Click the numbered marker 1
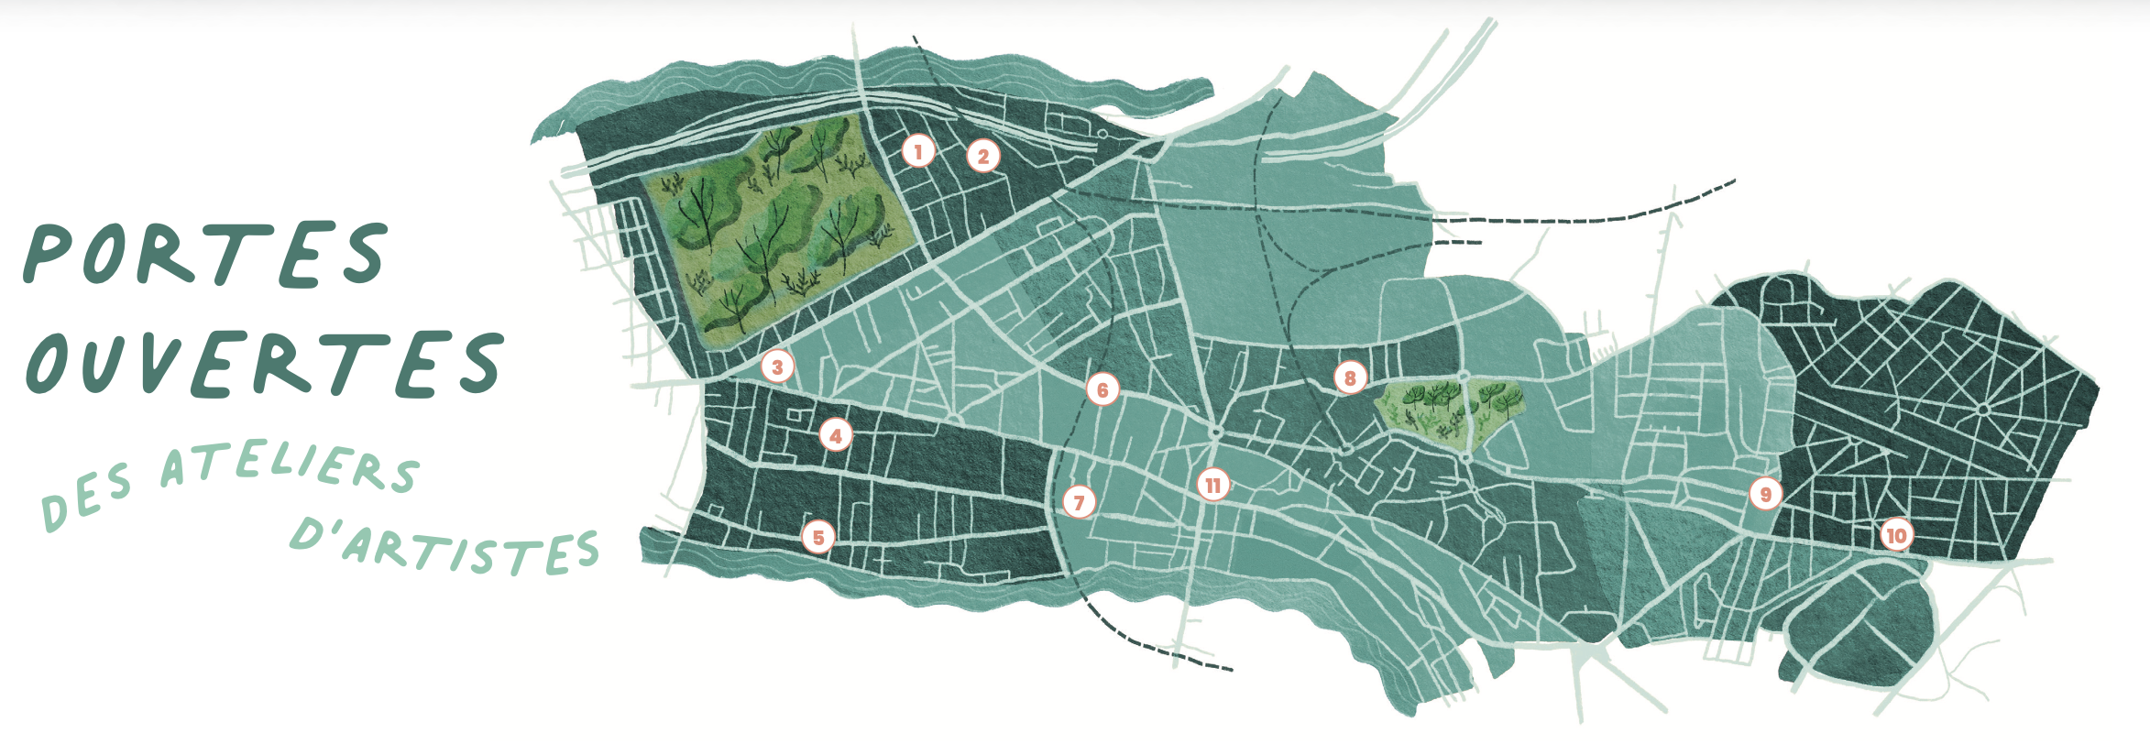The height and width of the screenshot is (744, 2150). (918, 151)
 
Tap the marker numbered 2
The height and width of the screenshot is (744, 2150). (983, 157)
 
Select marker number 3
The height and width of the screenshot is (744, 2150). (777, 367)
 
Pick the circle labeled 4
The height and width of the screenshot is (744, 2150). (835, 436)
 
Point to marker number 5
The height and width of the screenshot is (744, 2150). (818, 538)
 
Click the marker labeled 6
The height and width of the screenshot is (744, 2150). (1102, 389)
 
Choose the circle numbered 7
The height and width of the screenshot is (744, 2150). (1079, 502)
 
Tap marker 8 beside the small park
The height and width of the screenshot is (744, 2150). (1349, 377)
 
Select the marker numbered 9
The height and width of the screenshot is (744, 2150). (1765, 495)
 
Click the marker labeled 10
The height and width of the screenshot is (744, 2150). (1896, 535)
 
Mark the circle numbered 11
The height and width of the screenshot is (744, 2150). (1213, 485)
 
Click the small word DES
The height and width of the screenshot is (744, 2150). (87, 498)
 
